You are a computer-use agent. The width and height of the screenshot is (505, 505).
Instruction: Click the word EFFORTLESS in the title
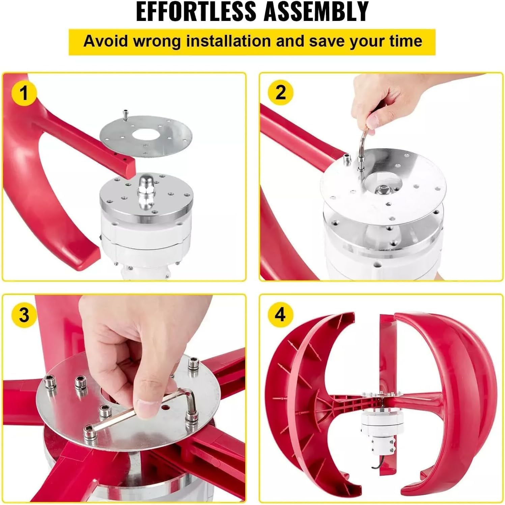196,11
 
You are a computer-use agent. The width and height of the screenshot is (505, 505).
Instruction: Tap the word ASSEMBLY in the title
316,11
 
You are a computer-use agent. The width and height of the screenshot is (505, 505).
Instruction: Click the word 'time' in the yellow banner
405,41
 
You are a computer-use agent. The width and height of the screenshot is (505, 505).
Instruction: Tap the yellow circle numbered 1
24,93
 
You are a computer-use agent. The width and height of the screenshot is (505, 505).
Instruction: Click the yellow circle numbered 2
280,92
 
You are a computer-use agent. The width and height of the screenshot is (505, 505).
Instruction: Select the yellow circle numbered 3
24,315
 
